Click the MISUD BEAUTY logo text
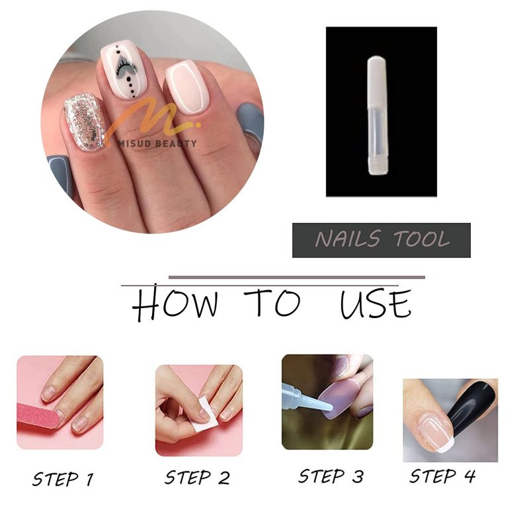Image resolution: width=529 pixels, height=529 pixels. pyautogui.click(x=157, y=143)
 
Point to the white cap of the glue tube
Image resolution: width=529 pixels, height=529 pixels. pyautogui.click(x=376, y=81)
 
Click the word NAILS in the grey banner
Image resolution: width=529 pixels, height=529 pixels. pyautogui.click(x=348, y=239)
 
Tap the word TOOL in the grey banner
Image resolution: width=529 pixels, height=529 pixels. pyautogui.click(x=421, y=239)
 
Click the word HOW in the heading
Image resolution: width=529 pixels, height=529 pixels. pyautogui.click(x=175, y=302)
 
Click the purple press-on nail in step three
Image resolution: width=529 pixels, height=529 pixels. pyautogui.click(x=337, y=400)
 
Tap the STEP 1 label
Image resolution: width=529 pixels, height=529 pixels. pyautogui.click(x=63, y=479)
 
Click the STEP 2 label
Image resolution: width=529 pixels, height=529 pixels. pyautogui.click(x=197, y=477)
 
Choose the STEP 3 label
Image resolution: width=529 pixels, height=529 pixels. pyautogui.click(x=331, y=476)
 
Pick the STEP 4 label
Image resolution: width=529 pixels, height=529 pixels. pyautogui.click(x=442, y=476)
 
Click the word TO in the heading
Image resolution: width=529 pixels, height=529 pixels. pyautogui.click(x=272, y=302)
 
